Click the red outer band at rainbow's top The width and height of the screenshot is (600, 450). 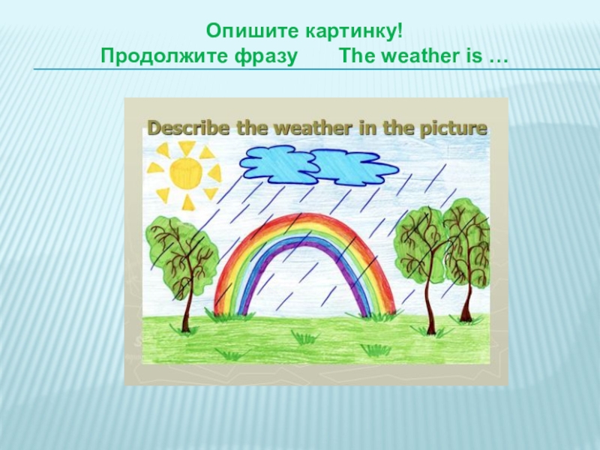point(303,217)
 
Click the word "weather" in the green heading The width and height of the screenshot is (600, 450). point(408,56)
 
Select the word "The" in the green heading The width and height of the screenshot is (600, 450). point(356,56)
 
